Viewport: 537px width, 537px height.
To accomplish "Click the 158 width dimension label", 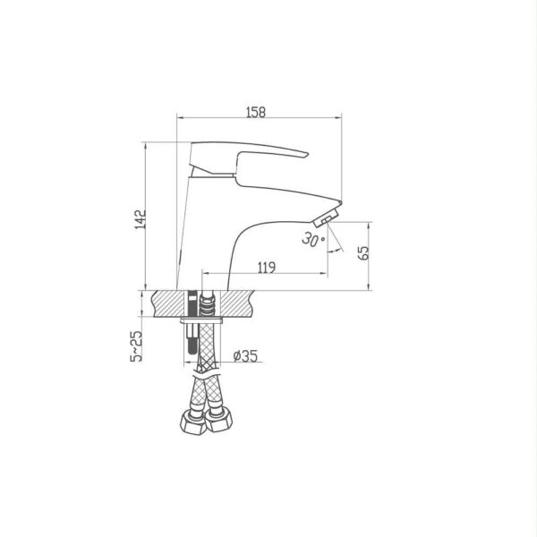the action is pos(256,112).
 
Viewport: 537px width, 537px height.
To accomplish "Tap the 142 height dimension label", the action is pos(141,219).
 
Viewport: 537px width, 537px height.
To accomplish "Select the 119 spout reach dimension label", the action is pos(267,267).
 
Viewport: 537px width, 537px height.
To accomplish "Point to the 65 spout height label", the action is pos(363,252).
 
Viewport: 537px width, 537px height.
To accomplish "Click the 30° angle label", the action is pos(313,239).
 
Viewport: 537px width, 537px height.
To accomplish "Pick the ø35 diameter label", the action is pos(245,356).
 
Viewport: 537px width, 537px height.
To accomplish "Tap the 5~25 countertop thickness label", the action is pos(136,345).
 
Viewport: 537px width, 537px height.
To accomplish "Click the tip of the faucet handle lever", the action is pos(308,155).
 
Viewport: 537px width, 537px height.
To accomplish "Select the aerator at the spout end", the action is pos(326,217).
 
